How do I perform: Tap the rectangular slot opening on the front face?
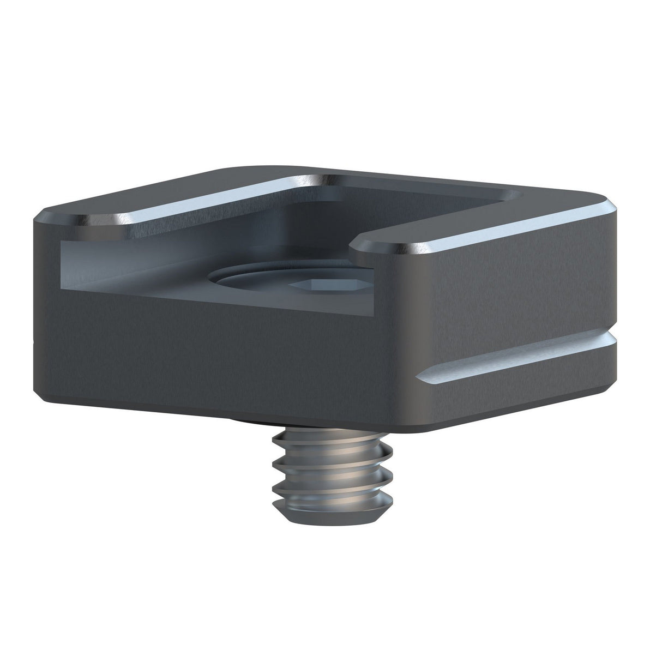pos(136,262)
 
